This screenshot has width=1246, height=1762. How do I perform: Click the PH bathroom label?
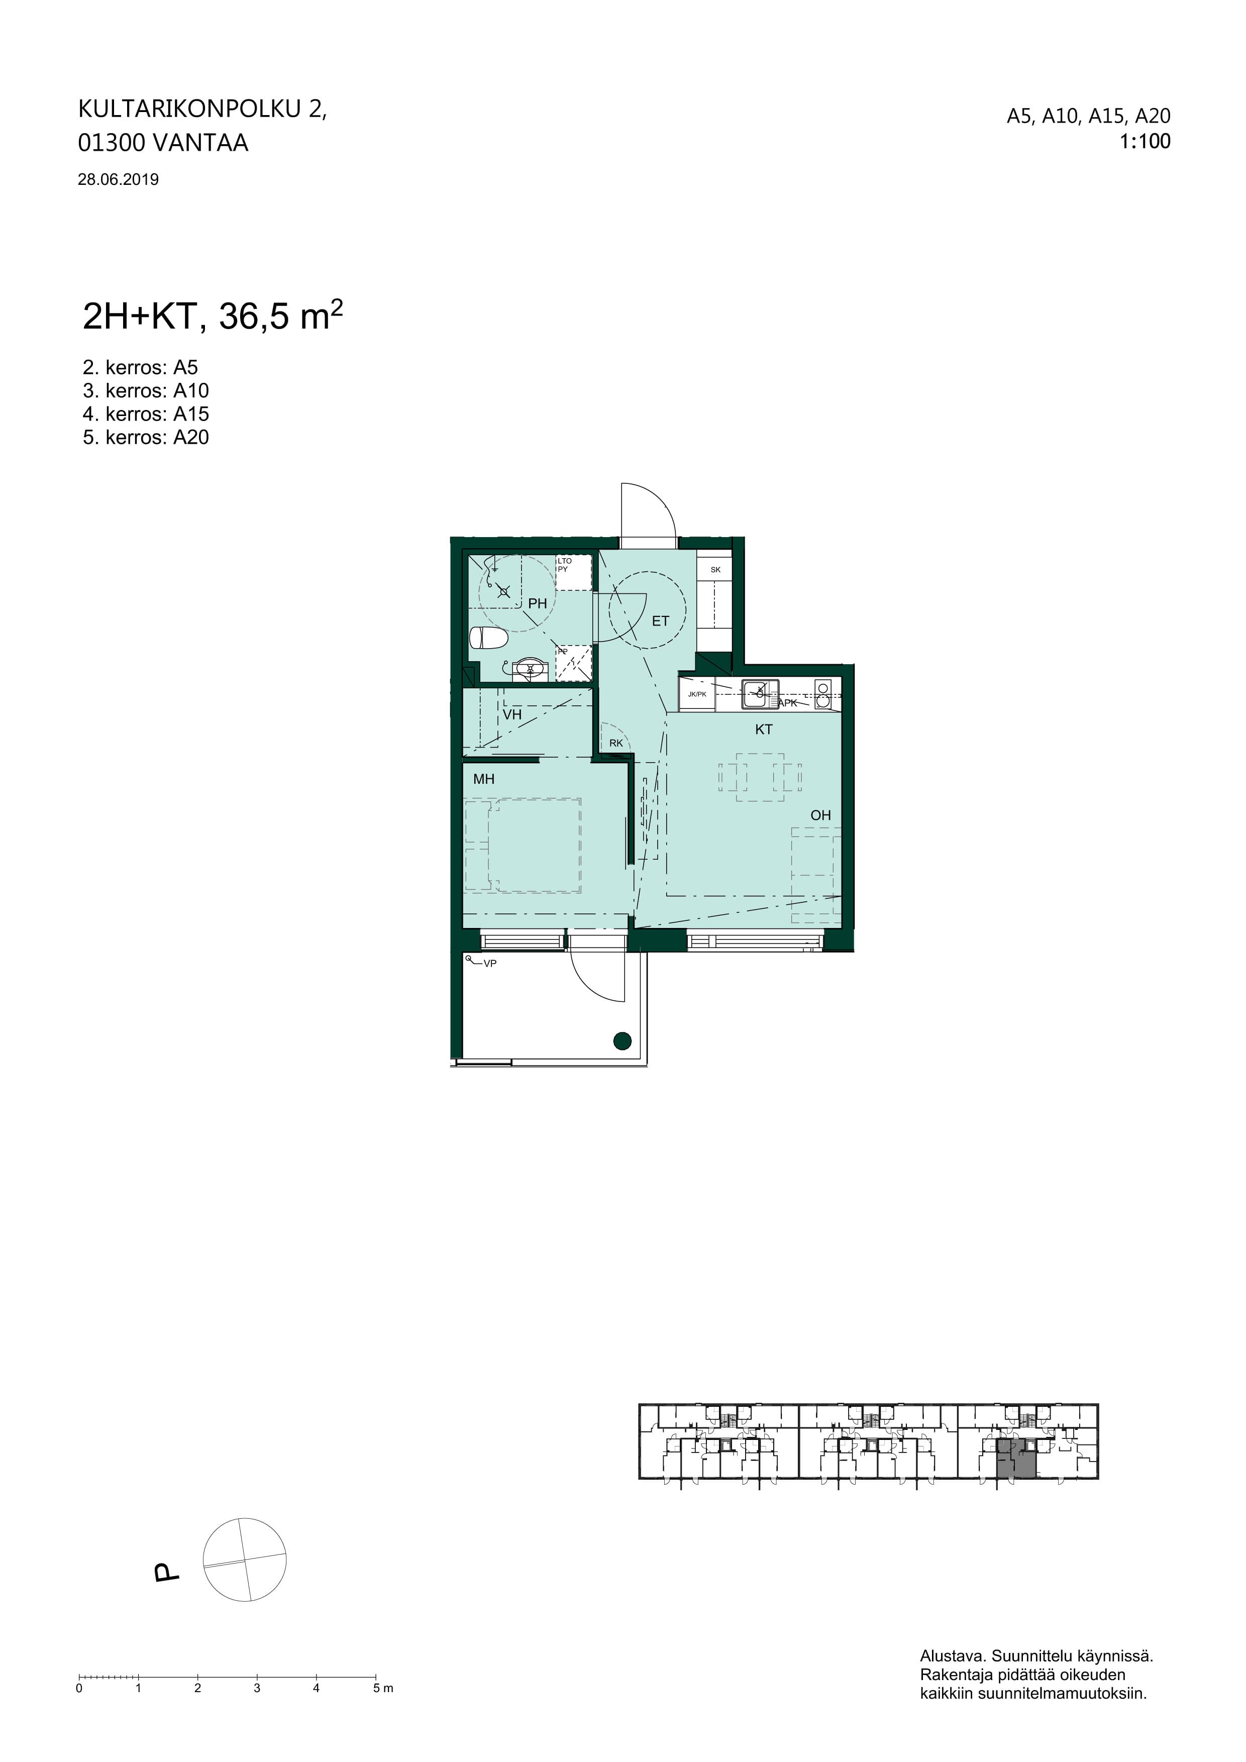click(537, 603)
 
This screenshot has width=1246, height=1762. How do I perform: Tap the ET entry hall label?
click(661, 621)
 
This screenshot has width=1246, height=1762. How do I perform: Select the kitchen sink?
click(760, 694)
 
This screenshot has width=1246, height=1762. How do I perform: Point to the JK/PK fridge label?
click(697, 694)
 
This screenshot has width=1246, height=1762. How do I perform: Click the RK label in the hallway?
click(616, 743)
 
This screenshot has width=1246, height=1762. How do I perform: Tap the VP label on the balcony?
click(489, 963)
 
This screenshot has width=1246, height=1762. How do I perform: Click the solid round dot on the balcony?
click(622, 1042)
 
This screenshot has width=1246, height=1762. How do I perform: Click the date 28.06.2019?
click(118, 179)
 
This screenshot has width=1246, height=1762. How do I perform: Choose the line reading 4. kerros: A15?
click(146, 414)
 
